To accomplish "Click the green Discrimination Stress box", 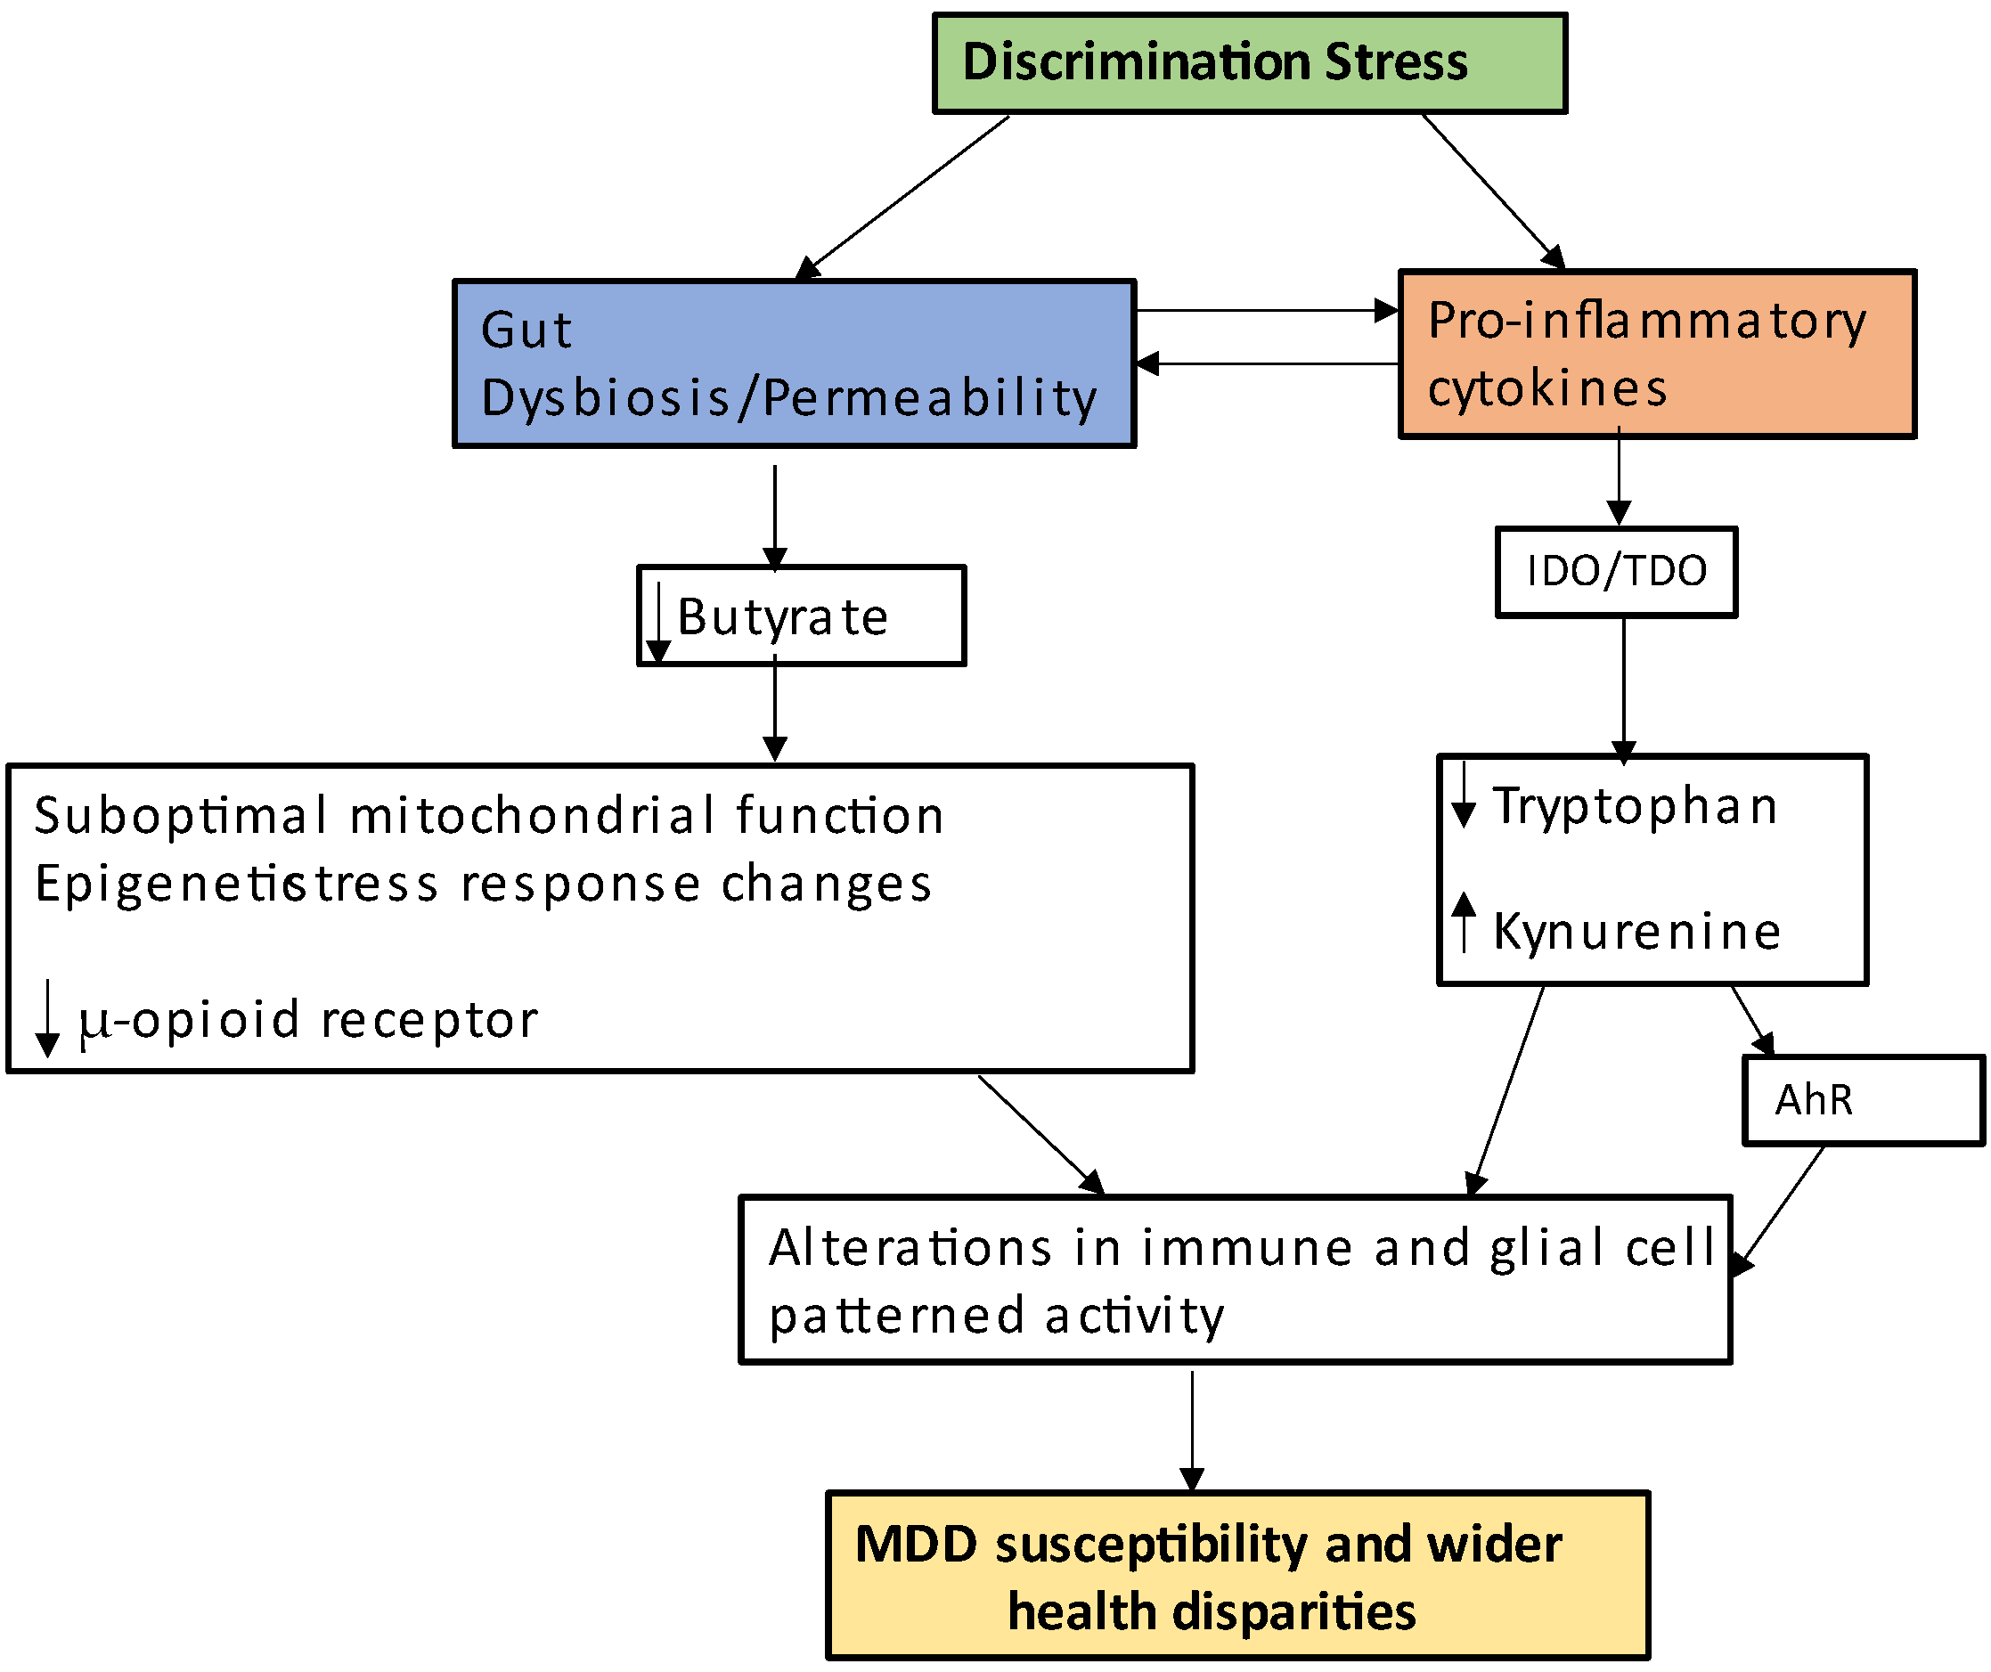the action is [x=1250, y=63].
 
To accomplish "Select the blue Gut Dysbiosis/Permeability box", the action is [x=795, y=363].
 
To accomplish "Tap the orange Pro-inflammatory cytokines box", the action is [x=1657, y=354].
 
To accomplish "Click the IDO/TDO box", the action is [x=1617, y=572].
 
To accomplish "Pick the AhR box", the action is [x=1864, y=1099].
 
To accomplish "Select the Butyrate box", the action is [x=801, y=616].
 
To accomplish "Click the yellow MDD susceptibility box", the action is [x=1238, y=1575].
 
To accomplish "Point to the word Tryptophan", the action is [x=1635, y=807].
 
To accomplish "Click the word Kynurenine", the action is [x=1637, y=931].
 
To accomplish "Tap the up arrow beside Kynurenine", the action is [x=1465, y=921].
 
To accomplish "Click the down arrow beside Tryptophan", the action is [x=1465, y=795].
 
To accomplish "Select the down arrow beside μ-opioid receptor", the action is [x=47, y=1018].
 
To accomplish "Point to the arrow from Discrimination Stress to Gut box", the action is [x=902, y=197].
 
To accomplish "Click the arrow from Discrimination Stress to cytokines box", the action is [x=1494, y=192].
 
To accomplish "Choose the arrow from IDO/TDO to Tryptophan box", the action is [x=1624, y=691].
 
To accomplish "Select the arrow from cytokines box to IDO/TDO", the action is [x=1620, y=476].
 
